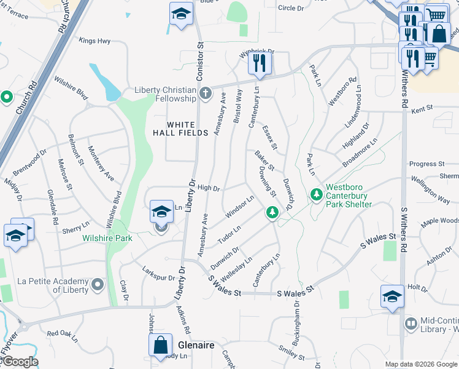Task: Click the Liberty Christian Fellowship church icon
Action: point(206,94)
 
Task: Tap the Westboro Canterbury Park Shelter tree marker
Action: point(317,194)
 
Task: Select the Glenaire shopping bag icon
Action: point(160,345)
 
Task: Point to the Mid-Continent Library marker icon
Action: point(411,323)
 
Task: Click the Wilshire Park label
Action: point(108,238)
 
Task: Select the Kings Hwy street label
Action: point(94,41)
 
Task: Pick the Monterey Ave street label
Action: point(101,163)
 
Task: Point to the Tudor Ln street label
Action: point(229,233)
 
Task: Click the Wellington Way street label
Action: point(430,190)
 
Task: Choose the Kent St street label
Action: point(422,108)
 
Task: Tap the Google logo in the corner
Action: point(20,362)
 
